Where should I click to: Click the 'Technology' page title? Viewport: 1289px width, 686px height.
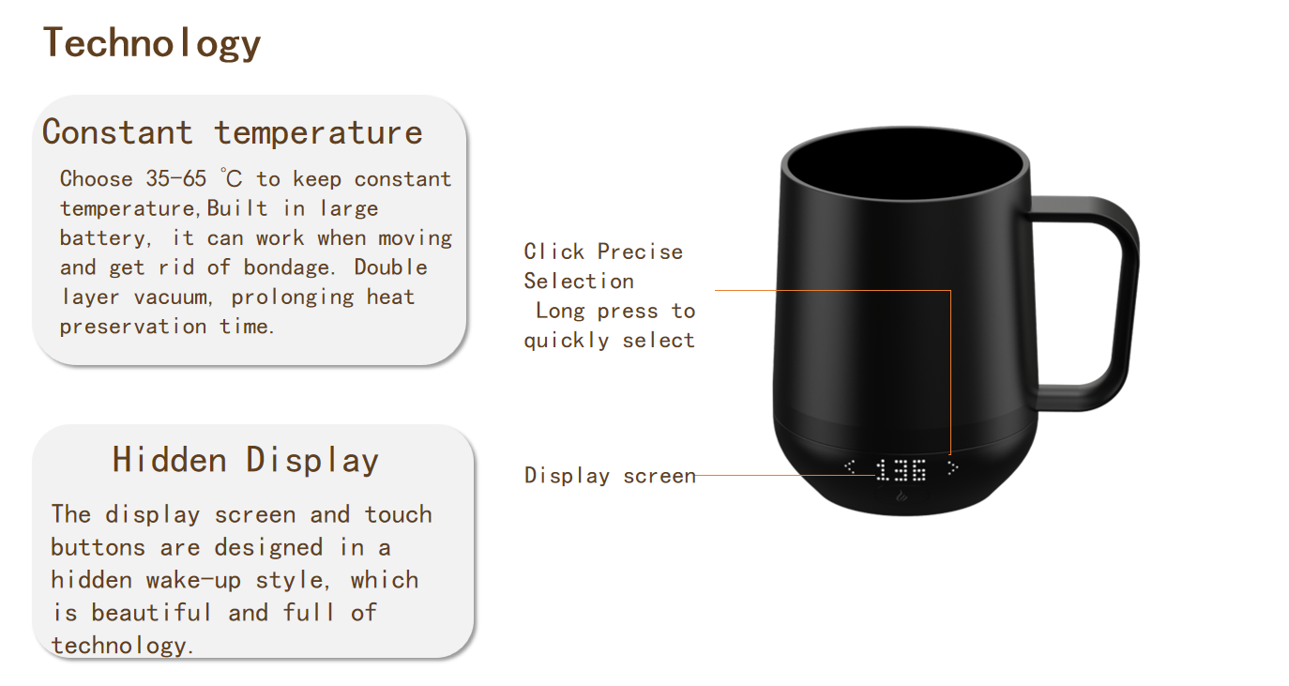pyautogui.click(x=152, y=43)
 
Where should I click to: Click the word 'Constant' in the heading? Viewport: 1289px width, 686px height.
pyautogui.click(x=117, y=132)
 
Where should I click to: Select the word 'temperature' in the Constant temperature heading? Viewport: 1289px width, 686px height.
pyautogui.click(x=318, y=133)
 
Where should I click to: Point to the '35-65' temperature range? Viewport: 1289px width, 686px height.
pyautogui.click(x=175, y=178)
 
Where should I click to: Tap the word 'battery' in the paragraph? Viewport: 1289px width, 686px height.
pyautogui.click(x=102, y=238)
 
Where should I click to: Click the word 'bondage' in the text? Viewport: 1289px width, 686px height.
pyautogui.click(x=285, y=268)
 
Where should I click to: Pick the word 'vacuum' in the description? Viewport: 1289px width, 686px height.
pyautogui.click(x=171, y=297)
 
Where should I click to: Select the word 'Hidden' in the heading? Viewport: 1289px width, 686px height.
pyautogui.click(x=169, y=460)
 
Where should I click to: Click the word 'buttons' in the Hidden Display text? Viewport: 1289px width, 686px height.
pyautogui.click(x=98, y=547)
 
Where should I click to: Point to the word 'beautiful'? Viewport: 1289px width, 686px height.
pyautogui.click(x=151, y=613)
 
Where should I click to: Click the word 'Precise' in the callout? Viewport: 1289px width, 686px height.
pyautogui.click(x=640, y=252)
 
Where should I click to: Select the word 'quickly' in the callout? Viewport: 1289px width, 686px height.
pyautogui.click(x=567, y=341)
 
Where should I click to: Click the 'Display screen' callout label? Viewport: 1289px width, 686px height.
pyautogui.click(x=610, y=476)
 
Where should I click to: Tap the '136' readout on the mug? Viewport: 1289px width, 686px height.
pyautogui.click(x=902, y=470)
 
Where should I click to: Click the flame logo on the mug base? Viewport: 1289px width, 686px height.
pyautogui.click(x=902, y=496)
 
